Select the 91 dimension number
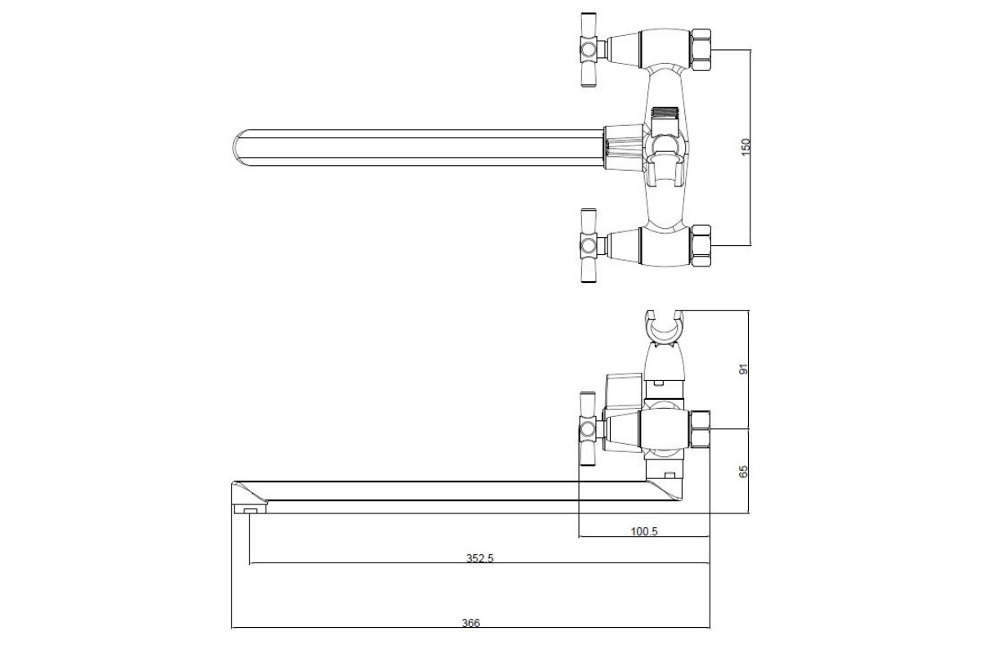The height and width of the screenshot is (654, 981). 744,370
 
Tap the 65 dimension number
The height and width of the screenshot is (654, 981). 743,472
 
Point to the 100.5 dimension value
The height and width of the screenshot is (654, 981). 644,531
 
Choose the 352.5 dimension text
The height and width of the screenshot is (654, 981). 480,558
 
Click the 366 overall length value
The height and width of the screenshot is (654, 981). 471,622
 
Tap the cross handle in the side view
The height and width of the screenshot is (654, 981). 588,430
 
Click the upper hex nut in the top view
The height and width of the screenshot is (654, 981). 701,50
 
